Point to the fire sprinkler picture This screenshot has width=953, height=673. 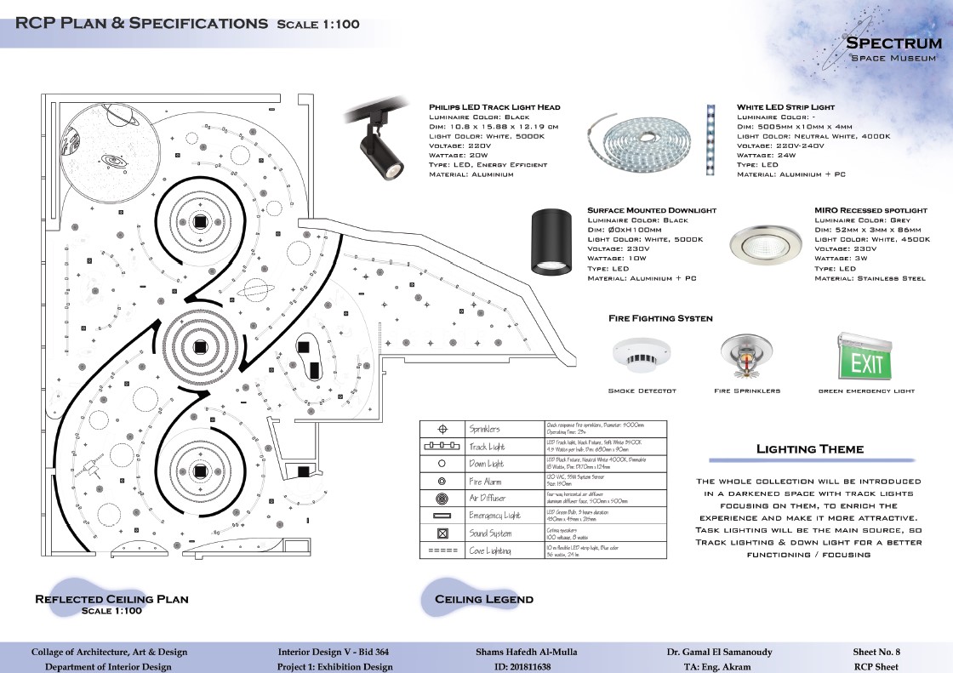click(746, 355)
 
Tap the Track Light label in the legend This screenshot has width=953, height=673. click(488, 447)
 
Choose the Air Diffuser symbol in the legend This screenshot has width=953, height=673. click(442, 499)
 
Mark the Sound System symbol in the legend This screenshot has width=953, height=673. click(442, 533)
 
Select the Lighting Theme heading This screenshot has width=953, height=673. click(809, 449)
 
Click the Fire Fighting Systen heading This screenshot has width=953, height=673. click(660, 318)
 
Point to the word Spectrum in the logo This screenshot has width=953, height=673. click(893, 43)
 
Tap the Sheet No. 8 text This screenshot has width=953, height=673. click(876, 652)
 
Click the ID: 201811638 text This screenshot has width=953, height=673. click(522, 667)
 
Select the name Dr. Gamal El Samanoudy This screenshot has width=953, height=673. click(719, 652)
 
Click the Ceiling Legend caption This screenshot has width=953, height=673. click(483, 599)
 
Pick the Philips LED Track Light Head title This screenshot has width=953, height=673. click(494, 107)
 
